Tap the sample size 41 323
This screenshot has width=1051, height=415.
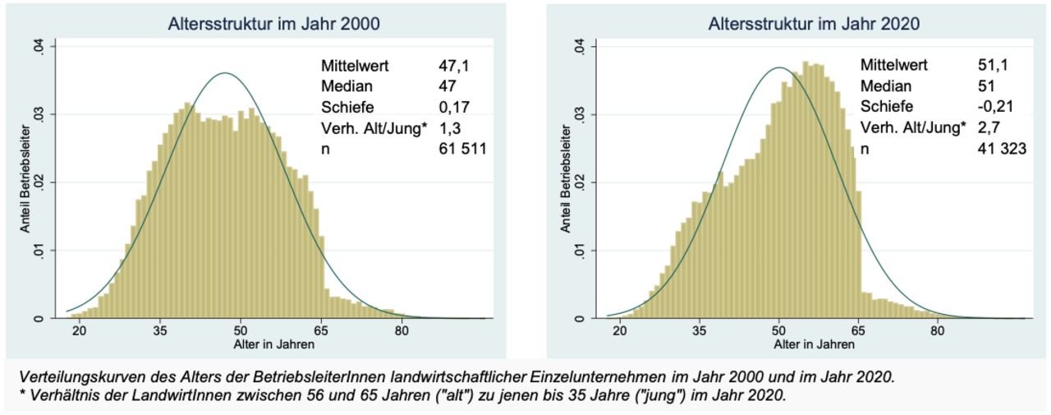1006,149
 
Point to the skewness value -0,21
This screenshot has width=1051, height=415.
998,107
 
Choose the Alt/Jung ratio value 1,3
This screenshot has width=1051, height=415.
452,127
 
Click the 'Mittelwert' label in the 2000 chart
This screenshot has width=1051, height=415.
355,65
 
